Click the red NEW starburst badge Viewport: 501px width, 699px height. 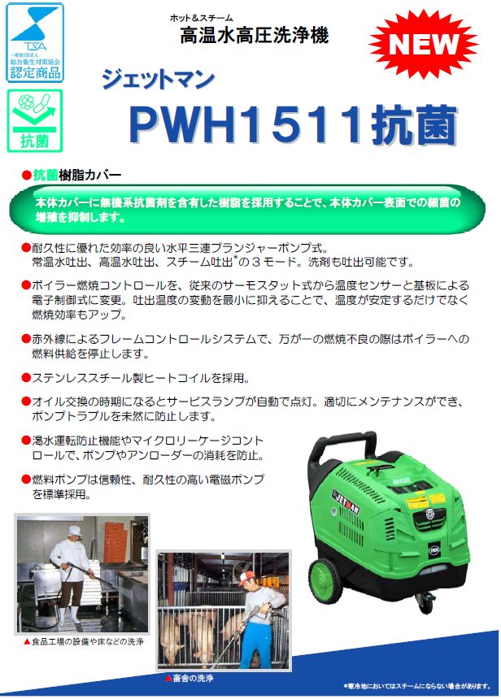(x=426, y=42)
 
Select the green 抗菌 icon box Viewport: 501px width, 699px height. (x=34, y=121)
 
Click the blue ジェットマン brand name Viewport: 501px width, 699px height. (x=159, y=79)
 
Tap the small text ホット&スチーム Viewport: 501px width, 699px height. (x=201, y=17)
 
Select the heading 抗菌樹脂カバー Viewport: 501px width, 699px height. (x=76, y=175)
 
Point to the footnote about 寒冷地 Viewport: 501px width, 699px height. (x=416, y=685)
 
